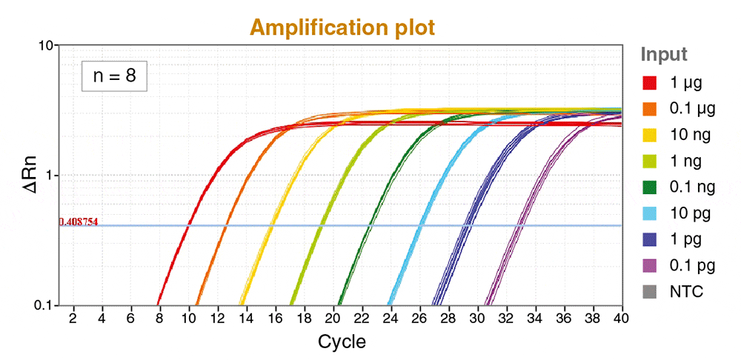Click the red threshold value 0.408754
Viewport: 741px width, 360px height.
(79, 221)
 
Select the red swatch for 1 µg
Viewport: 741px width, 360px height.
(651, 81)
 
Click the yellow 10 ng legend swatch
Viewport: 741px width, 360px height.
(651, 134)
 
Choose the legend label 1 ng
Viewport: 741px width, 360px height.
(685, 161)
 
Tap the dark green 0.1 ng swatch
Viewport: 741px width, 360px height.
(651, 187)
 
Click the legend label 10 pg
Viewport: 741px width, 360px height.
(689, 213)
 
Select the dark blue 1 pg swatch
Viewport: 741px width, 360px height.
(651, 239)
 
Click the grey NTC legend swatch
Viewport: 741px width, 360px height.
(651, 292)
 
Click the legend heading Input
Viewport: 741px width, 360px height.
(664, 55)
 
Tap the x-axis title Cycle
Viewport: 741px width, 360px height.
(342, 341)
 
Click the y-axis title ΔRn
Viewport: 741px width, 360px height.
(30, 176)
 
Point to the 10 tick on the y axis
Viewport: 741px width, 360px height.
(47, 46)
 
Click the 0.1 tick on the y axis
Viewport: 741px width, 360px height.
(44, 305)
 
